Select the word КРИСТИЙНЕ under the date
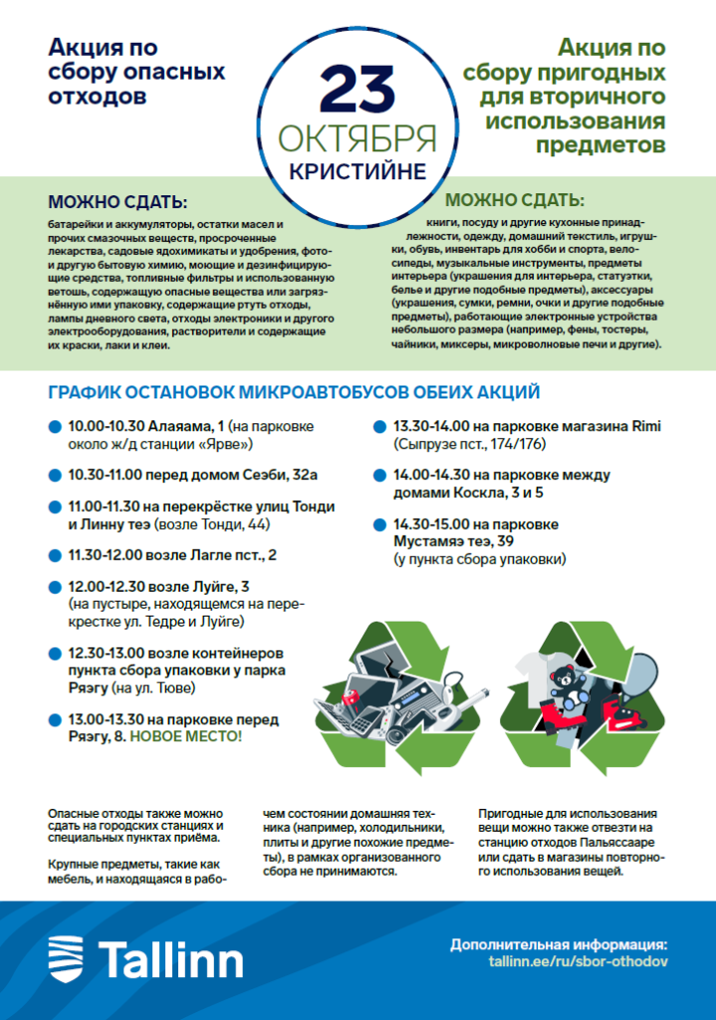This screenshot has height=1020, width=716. pyautogui.click(x=358, y=170)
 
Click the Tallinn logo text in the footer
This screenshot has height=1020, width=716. pyautogui.click(x=170, y=961)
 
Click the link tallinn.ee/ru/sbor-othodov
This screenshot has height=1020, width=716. pyautogui.click(x=578, y=962)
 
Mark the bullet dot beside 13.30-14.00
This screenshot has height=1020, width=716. pyautogui.click(x=379, y=427)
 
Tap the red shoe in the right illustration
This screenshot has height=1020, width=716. pyautogui.click(x=610, y=714)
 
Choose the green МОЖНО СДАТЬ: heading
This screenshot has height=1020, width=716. pyautogui.click(x=515, y=199)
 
